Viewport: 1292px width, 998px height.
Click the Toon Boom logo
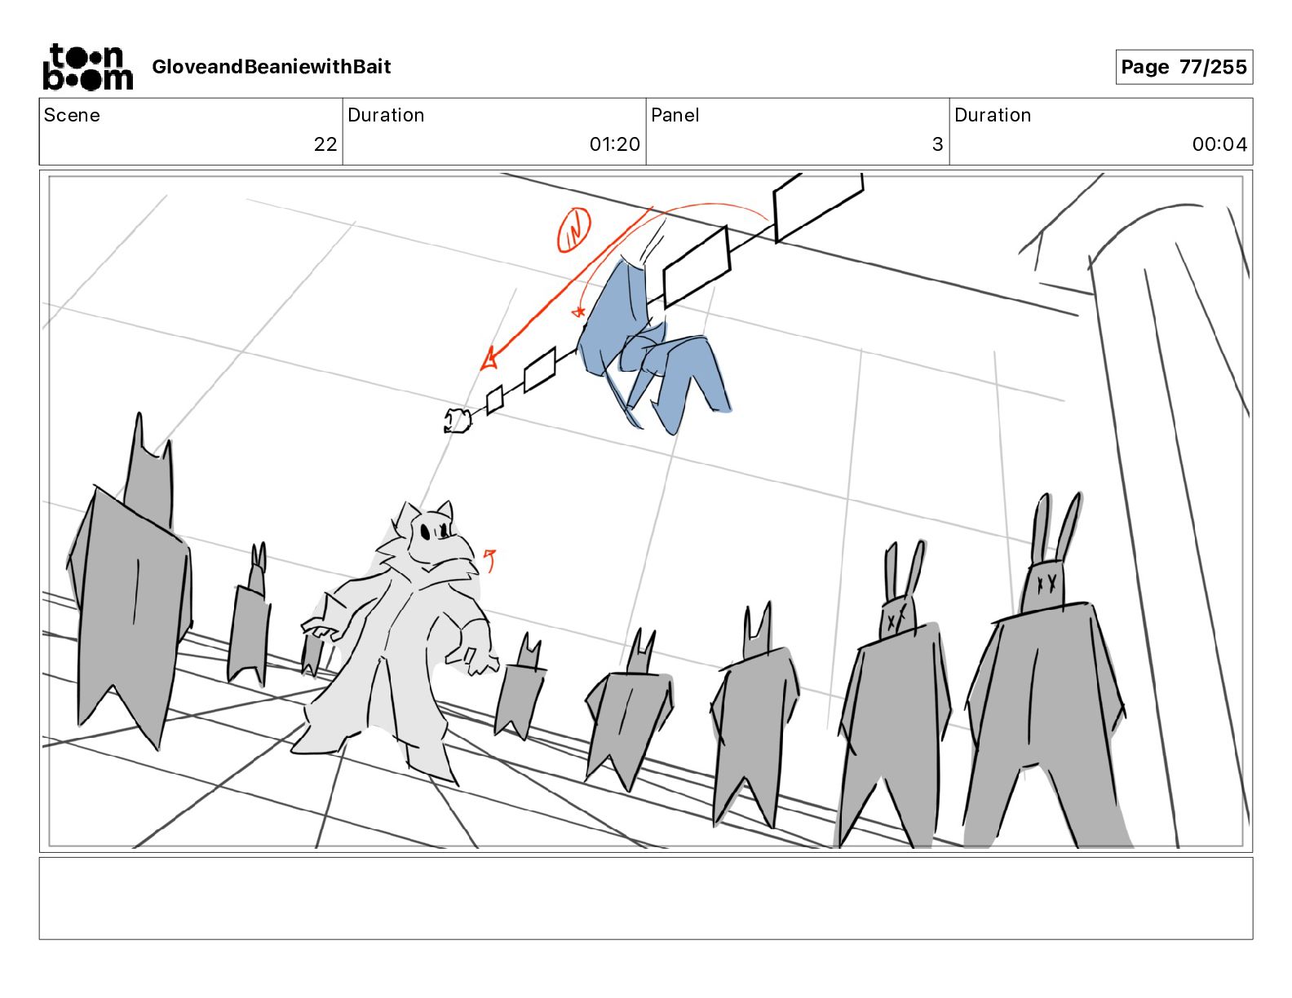point(88,67)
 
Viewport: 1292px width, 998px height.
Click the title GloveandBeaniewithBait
point(272,67)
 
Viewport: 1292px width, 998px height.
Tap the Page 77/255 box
point(1184,67)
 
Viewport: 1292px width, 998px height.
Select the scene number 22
point(325,144)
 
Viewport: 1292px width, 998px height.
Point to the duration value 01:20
point(615,144)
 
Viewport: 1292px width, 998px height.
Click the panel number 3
point(938,144)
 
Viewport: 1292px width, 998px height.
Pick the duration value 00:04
point(1219,144)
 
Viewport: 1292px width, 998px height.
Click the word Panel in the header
point(675,115)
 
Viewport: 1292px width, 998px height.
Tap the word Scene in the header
point(72,115)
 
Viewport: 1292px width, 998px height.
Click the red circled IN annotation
point(573,230)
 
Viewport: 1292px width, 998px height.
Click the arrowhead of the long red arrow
point(489,360)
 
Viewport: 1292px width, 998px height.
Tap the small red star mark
point(578,311)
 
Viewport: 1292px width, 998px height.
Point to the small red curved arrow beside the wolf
point(490,560)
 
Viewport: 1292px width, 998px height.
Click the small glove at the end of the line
point(458,421)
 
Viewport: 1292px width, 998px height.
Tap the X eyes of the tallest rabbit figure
point(1045,582)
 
